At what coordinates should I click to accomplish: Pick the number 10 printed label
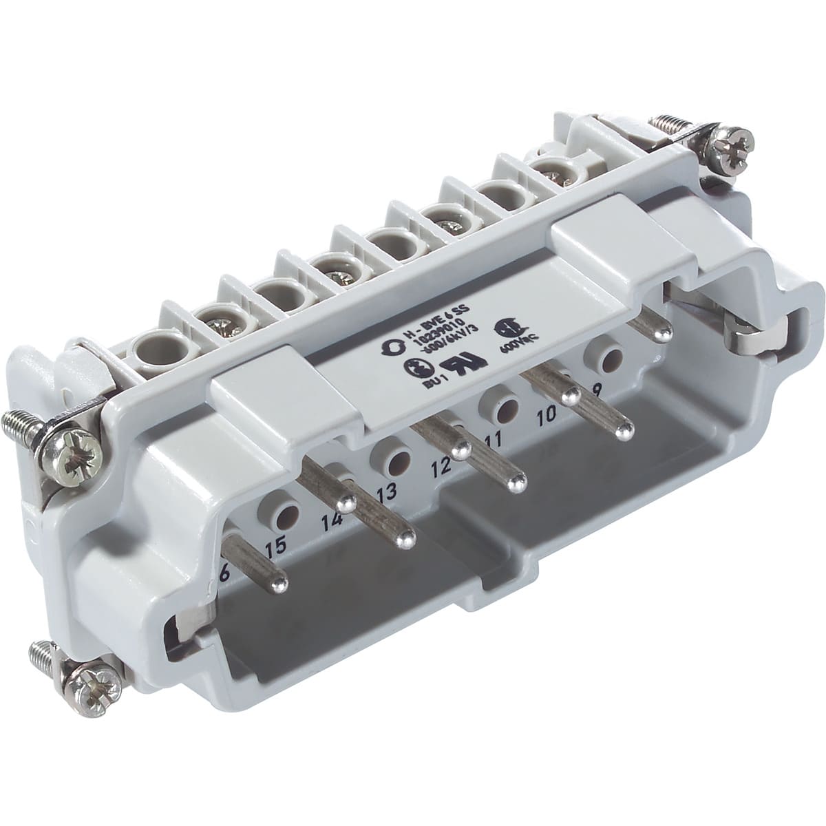[547, 414]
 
